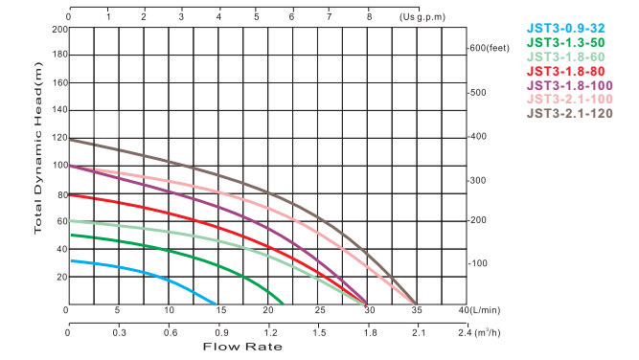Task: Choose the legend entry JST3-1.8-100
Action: (567, 85)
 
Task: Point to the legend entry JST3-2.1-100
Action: (567, 100)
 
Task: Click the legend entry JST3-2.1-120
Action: (567, 114)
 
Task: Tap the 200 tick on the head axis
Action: (59, 29)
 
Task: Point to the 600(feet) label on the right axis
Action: (490, 48)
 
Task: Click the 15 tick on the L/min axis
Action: (218, 310)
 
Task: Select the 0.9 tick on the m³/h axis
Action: (218, 332)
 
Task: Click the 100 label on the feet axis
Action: (479, 263)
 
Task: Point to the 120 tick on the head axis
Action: (59, 138)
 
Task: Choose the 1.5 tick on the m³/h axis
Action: (318, 332)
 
